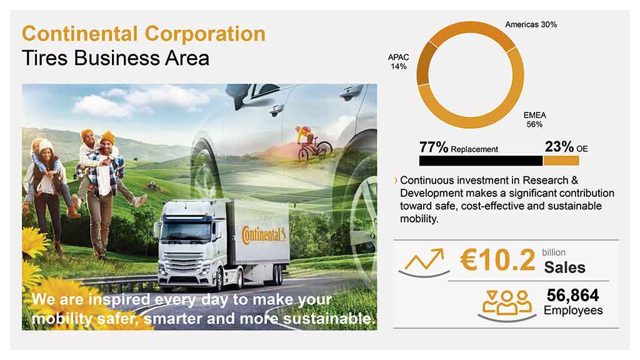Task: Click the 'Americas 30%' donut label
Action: [531, 24]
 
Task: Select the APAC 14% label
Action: [398, 62]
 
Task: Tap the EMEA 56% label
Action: [535, 119]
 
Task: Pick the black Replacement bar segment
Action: [481, 161]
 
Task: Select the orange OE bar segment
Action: [561, 161]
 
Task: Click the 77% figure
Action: [434, 147]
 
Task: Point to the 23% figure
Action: [559, 146]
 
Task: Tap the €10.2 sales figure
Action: [497, 260]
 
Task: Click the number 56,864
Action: [572, 295]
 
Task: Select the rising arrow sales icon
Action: [424, 263]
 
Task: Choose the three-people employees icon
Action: [506, 305]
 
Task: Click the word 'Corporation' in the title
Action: [205, 34]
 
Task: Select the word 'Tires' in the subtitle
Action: [45, 58]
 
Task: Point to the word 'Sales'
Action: [564, 267]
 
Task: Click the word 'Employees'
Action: [573, 311]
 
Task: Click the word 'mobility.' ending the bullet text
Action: [419, 219]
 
